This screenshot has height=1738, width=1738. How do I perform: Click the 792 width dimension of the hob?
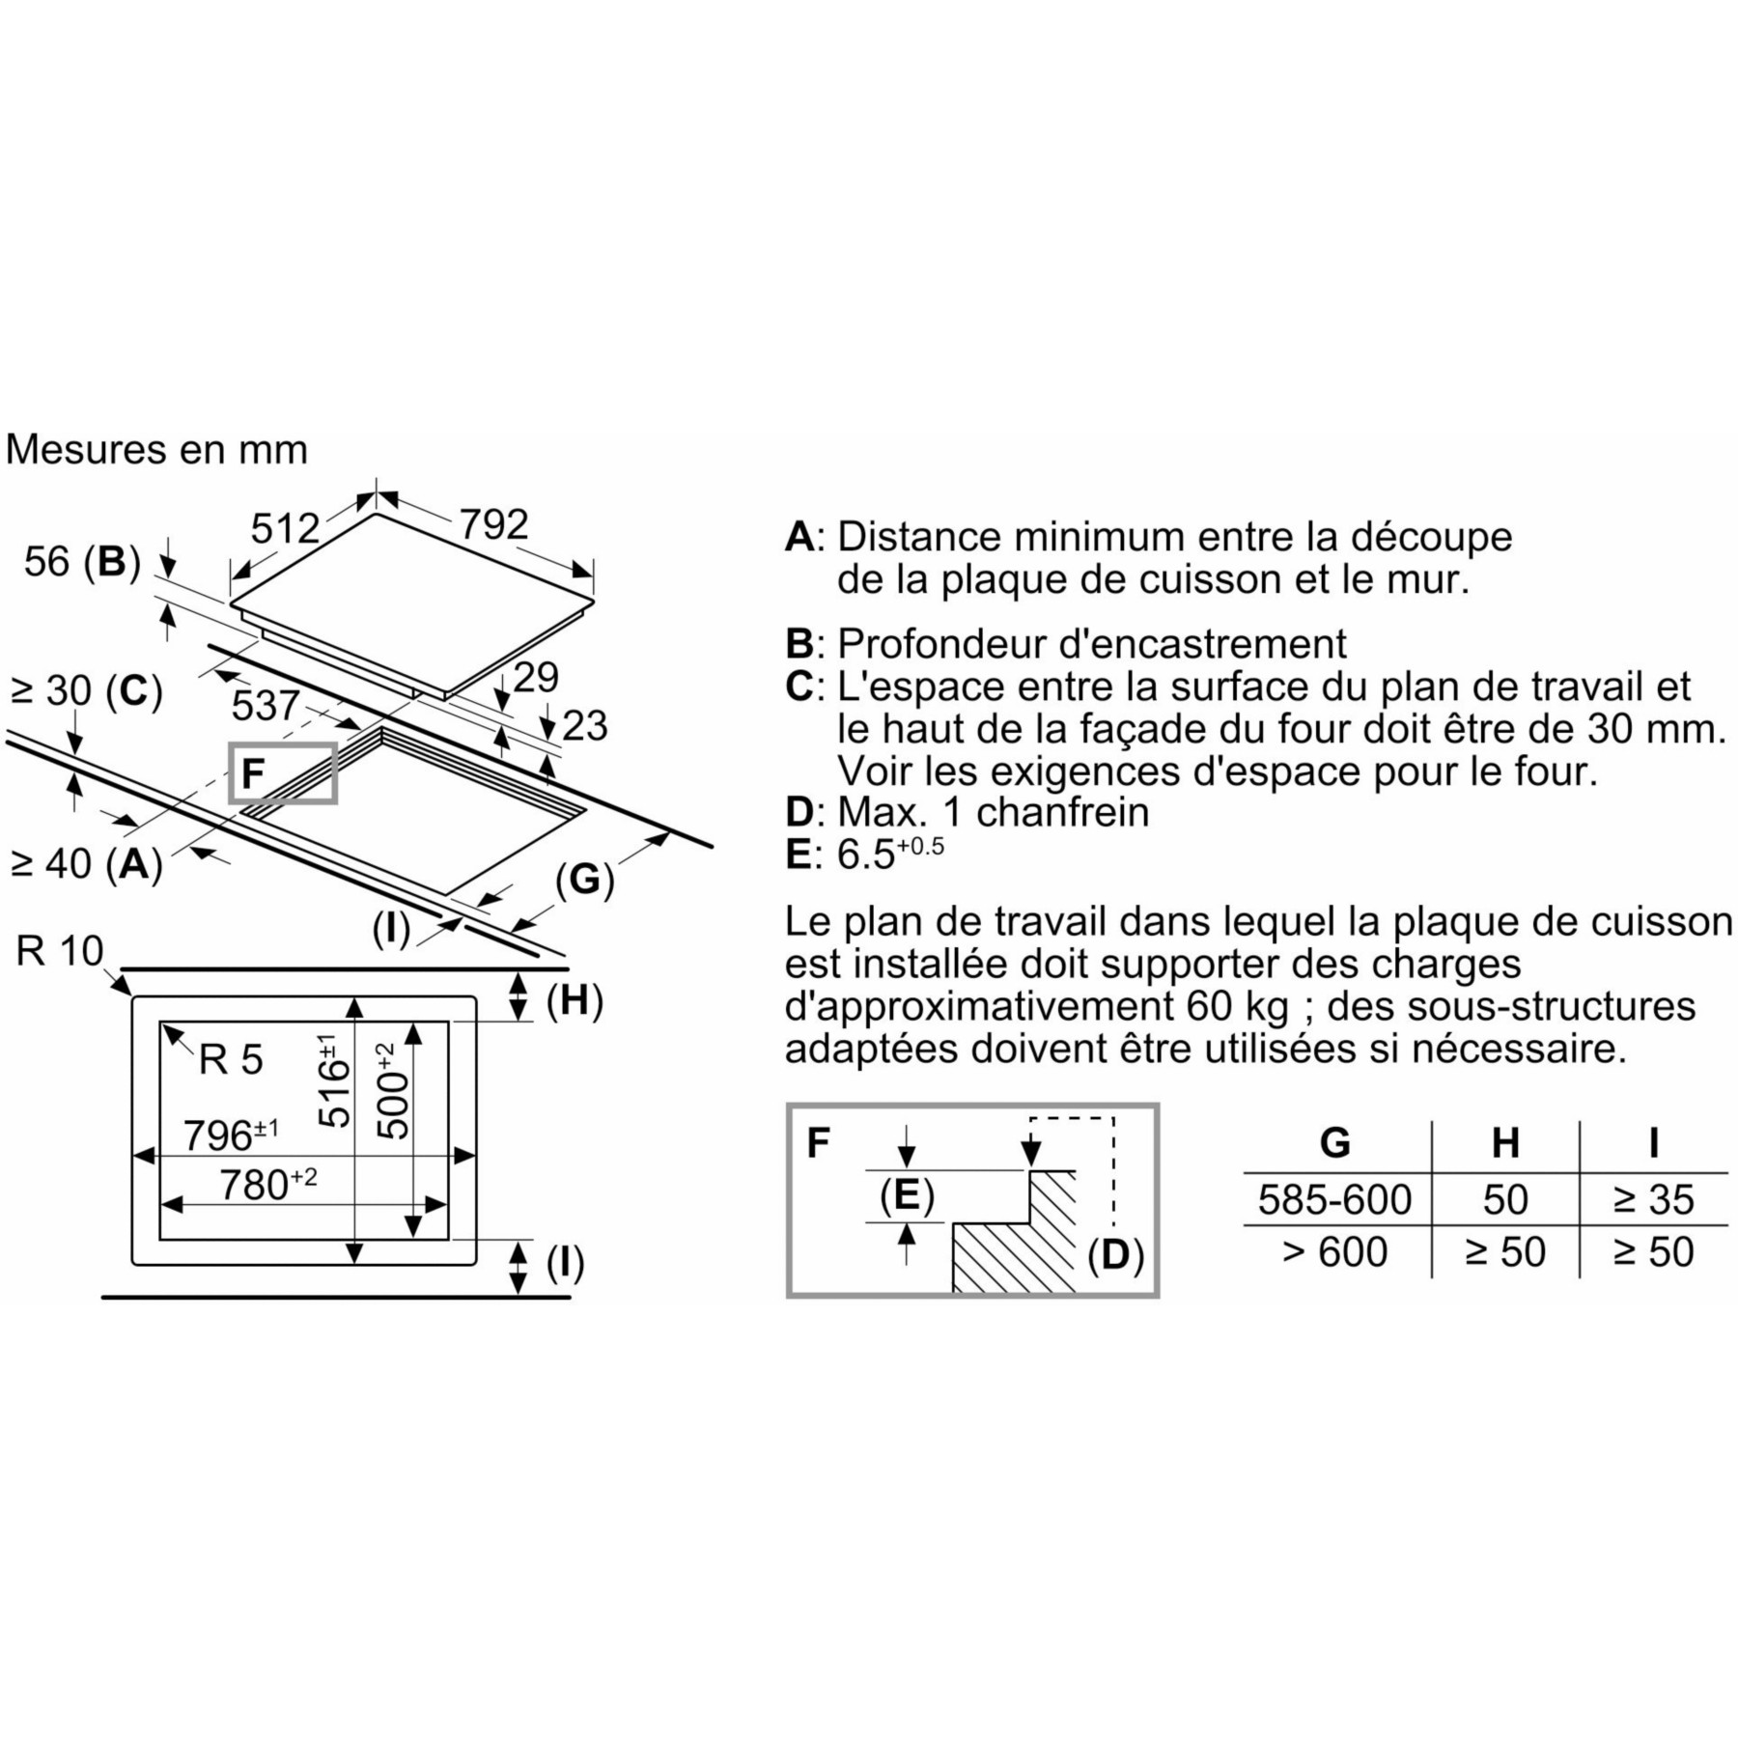pos(493,524)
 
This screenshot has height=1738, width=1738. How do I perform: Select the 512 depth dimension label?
pos(285,528)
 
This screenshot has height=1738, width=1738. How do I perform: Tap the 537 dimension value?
pos(266,706)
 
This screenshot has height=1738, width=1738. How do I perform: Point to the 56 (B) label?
pos(82,561)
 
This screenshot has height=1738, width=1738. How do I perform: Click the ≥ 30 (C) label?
pos(86,691)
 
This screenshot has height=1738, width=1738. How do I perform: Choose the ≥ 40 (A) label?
pos(86,864)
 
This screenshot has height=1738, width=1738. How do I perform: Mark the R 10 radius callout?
pos(59,951)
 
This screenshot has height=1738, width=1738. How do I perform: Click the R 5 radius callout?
pos(231,1060)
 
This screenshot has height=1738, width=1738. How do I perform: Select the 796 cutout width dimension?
pos(231,1135)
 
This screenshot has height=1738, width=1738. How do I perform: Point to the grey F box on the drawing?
pos(283,772)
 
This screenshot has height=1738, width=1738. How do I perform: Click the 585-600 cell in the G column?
pos(1334,1199)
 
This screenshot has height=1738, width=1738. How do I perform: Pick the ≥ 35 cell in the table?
pos(1653,1199)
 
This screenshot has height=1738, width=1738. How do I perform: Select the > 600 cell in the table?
pos(1334,1252)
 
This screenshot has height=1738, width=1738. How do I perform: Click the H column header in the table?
pos(1505,1143)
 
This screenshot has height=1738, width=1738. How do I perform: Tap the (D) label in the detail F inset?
pos(1115,1255)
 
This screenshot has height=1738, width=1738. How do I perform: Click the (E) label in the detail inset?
pos(907,1195)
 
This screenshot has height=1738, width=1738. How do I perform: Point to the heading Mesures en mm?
pos(156,450)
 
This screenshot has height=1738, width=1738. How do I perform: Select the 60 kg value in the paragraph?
pos(1234,1006)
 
